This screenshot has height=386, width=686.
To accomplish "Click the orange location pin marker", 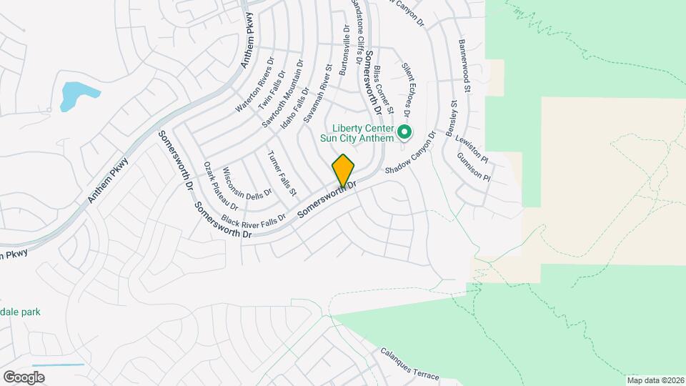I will (344, 171).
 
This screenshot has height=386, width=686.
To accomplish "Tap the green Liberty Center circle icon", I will (404, 132).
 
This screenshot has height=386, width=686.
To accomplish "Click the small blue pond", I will (75, 95).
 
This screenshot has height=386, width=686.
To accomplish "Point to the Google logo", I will (24, 377).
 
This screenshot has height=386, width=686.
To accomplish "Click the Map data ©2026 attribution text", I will (655, 380).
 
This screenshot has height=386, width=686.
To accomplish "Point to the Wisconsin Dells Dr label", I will (247, 182).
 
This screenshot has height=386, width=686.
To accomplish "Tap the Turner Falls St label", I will (282, 174).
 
